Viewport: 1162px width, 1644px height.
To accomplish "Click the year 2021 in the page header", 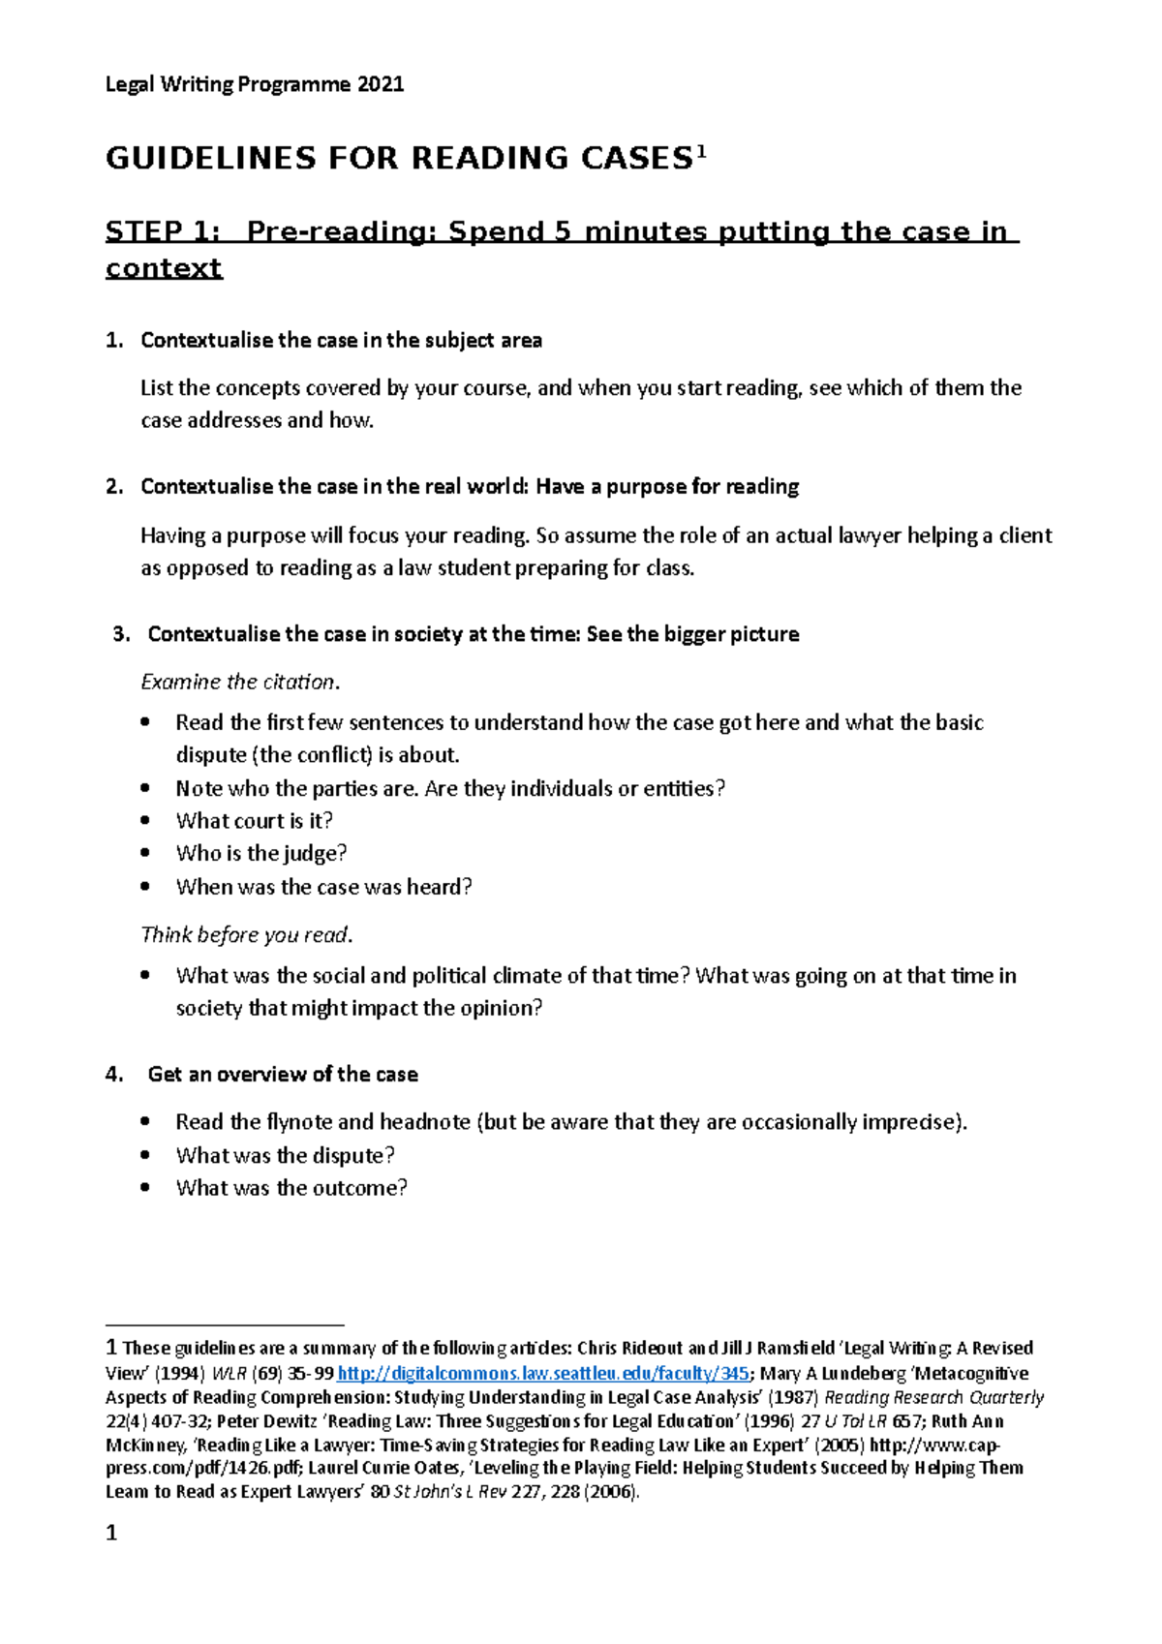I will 380,84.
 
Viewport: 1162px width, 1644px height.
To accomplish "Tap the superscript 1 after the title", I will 702,152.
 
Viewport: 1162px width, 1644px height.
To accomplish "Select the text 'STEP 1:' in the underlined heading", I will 162,232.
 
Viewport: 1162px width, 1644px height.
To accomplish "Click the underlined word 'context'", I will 164,268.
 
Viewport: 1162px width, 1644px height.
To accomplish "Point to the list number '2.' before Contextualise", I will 114,487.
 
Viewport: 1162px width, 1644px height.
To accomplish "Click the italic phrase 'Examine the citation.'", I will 240,683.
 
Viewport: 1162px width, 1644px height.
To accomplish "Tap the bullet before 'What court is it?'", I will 145,821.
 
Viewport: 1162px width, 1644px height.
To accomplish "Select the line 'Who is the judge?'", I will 260,854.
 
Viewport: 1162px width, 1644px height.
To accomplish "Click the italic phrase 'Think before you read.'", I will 246,935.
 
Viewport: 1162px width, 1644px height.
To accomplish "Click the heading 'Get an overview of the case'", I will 283,1075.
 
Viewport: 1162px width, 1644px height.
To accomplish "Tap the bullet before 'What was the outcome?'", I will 145,1188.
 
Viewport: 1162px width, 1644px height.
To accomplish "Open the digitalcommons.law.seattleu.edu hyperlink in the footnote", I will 542,1374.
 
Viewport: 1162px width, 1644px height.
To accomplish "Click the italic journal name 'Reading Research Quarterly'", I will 933,1398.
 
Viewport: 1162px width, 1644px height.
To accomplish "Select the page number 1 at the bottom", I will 111,1534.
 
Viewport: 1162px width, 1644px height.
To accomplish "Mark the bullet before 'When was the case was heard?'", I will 145,887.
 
